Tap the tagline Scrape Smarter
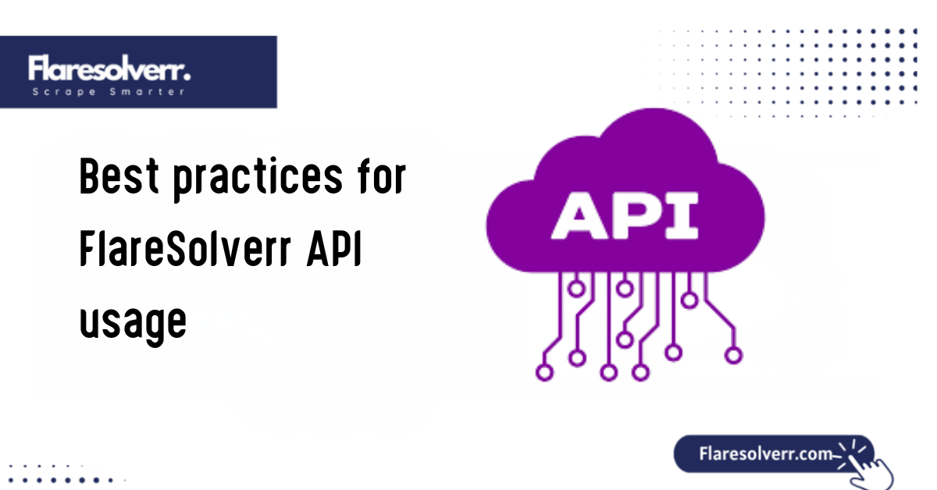[x=109, y=91]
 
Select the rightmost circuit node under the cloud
[x=732, y=355]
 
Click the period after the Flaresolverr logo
[x=188, y=76]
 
